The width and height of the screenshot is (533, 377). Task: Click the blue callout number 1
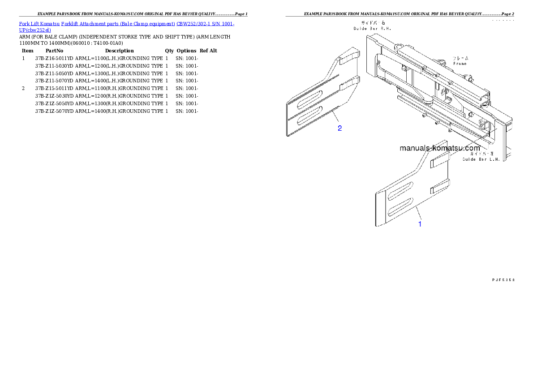420,224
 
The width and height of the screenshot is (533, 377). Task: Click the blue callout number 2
340,129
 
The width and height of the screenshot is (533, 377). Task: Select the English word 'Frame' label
460,64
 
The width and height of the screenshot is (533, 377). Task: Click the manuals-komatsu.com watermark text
439,148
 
